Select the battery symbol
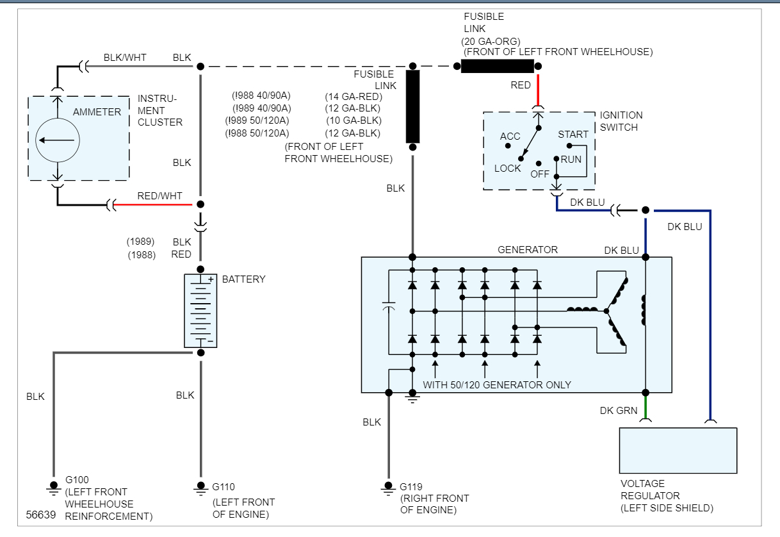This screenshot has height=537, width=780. [x=200, y=311]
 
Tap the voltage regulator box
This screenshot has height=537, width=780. [x=678, y=450]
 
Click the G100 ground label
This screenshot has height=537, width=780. [x=77, y=479]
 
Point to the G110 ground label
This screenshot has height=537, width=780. [x=223, y=487]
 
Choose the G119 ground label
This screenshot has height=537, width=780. [x=411, y=487]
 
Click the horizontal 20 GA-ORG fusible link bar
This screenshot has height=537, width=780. [x=497, y=66]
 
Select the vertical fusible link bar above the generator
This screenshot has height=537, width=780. [x=413, y=106]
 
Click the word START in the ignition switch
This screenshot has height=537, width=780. [x=573, y=135]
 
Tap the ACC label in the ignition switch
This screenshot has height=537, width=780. [x=510, y=136]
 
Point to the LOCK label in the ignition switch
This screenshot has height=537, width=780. [x=508, y=169]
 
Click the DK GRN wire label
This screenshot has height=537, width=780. [x=619, y=411]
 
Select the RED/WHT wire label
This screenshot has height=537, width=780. [x=159, y=196]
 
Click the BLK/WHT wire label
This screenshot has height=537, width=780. [x=125, y=58]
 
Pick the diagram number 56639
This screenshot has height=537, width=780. [x=40, y=515]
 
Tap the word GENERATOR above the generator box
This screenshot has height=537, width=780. [x=528, y=250]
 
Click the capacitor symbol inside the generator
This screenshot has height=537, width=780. [x=388, y=309]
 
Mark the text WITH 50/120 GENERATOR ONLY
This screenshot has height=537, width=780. [x=497, y=385]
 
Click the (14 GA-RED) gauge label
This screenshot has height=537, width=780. [x=353, y=96]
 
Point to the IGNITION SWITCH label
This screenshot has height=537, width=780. [x=621, y=121]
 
